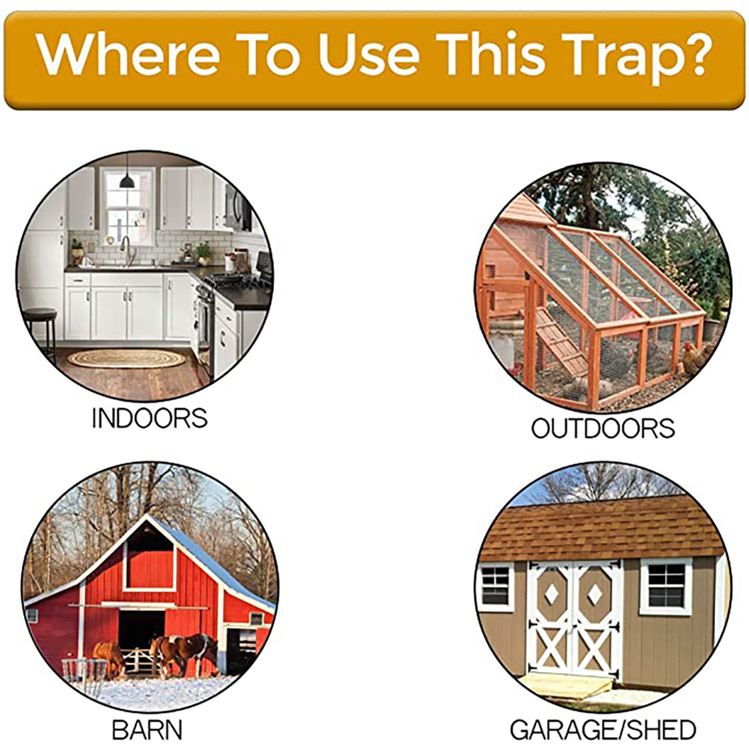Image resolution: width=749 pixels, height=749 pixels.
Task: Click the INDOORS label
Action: pyautogui.click(x=149, y=418)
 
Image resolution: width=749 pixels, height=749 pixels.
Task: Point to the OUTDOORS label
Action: pyautogui.click(x=603, y=428)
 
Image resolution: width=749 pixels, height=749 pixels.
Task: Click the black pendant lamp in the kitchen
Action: pyautogui.click(x=127, y=180)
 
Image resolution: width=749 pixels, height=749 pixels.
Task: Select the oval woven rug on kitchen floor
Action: pyautogui.click(x=126, y=359)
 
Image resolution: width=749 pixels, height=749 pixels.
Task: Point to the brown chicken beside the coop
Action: pyautogui.click(x=695, y=358)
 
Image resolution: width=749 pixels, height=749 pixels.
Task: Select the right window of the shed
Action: pyautogui.click(x=666, y=586)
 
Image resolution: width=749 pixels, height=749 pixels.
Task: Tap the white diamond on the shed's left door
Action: pyautogui.click(x=552, y=594)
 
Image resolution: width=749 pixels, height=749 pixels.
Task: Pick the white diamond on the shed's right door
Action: pyautogui.click(x=595, y=594)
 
